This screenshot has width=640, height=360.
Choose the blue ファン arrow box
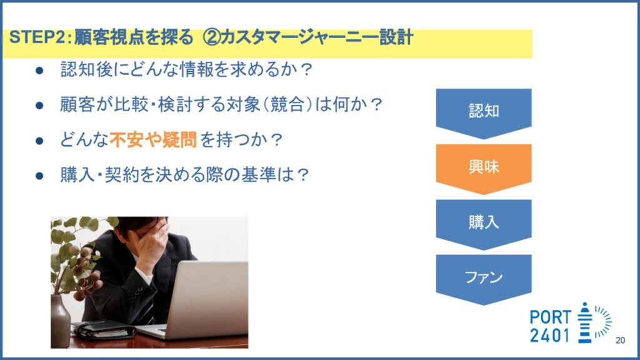pyautogui.click(x=484, y=278)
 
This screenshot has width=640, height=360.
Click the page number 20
pyautogui.click(x=620, y=341)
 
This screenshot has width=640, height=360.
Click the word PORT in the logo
pyautogui.click(x=550, y=317)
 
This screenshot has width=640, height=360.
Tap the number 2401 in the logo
pyautogui.click(x=549, y=336)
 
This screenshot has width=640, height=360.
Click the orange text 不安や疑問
pyautogui.click(x=153, y=139)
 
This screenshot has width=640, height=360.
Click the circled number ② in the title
pyautogui.click(x=211, y=37)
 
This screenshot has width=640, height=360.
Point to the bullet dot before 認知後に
pyautogui.click(x=39, y=71)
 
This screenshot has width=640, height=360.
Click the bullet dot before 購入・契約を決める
pyautogui.click(x=39, y=176)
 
